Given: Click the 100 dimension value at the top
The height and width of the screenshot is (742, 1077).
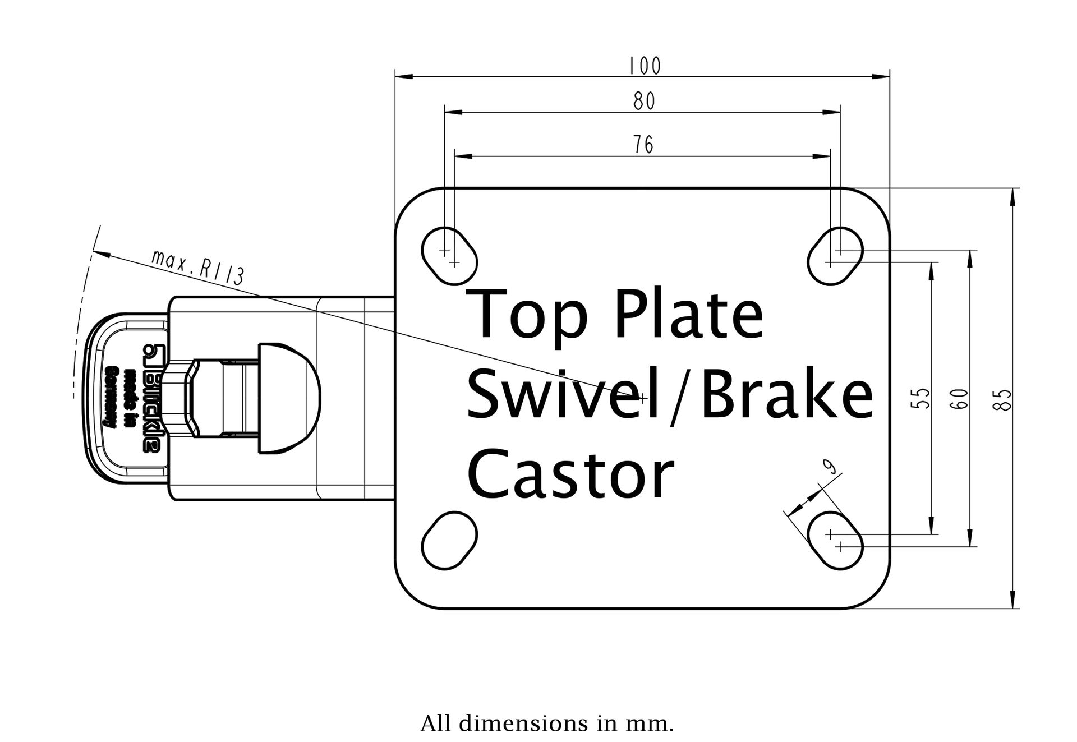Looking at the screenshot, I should [645, 66].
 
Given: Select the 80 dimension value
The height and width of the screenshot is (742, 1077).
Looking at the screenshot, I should [645, 102].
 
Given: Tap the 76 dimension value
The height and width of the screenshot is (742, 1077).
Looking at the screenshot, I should [644, 145].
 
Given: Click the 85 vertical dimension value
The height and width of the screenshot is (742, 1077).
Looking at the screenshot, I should [1004, 399].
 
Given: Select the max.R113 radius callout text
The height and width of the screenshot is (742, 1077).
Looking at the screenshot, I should [197, 268].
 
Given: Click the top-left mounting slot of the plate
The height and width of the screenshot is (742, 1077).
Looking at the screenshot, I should [449, 256].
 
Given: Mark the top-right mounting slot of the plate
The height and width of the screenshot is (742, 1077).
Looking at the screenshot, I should [835, 256].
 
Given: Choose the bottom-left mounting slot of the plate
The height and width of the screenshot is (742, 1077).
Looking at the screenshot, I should [449, 540].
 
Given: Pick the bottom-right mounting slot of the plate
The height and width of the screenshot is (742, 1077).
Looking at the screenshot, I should [835, 540].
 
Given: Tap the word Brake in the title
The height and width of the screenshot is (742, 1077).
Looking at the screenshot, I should [785, 395].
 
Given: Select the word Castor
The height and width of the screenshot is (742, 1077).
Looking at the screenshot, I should [570, 475].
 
